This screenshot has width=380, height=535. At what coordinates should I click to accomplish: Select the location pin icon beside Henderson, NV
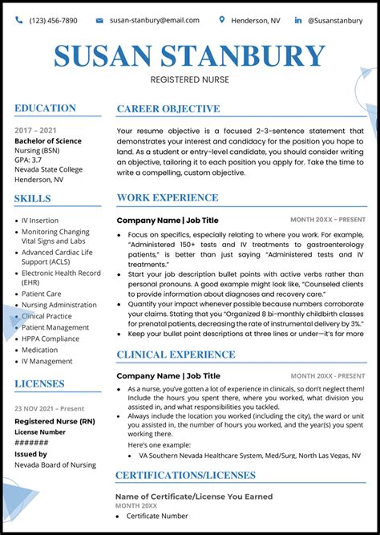pos(222,19)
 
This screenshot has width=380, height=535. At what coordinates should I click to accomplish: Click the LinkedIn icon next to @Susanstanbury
pos(298,20)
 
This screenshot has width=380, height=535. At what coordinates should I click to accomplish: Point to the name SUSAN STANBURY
pos(189,55)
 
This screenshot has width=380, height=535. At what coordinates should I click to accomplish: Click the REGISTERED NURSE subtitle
pos(189,79)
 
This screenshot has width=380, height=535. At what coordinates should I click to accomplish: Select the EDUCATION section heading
pos(45,108)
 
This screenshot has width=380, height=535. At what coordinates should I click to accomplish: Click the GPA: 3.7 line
pos(29,160)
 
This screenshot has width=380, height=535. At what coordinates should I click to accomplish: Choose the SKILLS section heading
pos(32,198)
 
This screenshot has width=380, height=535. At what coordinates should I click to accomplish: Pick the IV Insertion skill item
pos(40,221)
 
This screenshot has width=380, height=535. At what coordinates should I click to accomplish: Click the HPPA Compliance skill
pos(51,338)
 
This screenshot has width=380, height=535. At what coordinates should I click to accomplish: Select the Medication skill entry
pos(40,350)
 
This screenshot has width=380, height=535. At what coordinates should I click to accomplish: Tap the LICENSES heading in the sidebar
pos(39,383)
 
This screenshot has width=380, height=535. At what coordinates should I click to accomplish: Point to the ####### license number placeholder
pos(31,443)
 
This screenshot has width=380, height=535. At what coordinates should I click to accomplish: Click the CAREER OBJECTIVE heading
pos(168,109)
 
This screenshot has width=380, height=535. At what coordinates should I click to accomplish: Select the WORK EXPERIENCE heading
pos(167,197)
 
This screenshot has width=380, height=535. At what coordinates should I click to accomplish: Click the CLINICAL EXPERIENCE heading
pos(176,355)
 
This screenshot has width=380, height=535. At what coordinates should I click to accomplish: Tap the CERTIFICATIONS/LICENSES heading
pos(185,476)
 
